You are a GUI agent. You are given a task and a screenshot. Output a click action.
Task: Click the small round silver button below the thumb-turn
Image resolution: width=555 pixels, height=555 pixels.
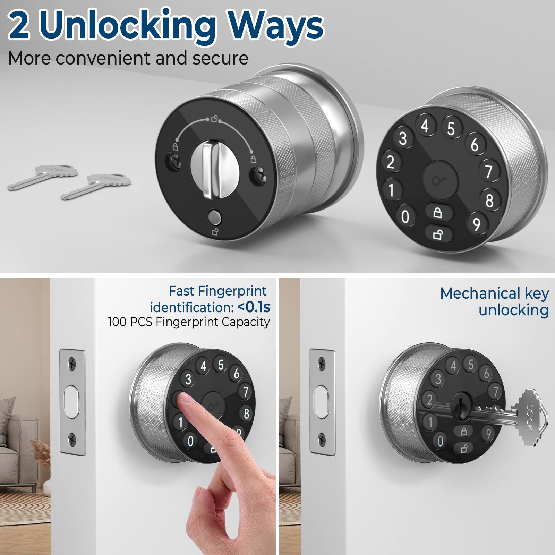click(214, 217)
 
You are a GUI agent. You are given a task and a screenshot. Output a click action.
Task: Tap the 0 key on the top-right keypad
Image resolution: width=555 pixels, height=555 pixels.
click(405, 216)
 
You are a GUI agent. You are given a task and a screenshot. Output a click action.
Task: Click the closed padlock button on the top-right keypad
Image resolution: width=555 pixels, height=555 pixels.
click(438, 212)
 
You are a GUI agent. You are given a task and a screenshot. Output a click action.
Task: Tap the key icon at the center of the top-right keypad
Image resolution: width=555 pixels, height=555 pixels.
click(440, 180)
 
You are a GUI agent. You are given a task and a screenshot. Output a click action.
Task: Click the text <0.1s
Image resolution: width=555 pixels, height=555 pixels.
click(253, 307)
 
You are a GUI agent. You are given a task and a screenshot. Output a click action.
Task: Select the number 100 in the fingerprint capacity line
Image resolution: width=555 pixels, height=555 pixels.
click(117, 322)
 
